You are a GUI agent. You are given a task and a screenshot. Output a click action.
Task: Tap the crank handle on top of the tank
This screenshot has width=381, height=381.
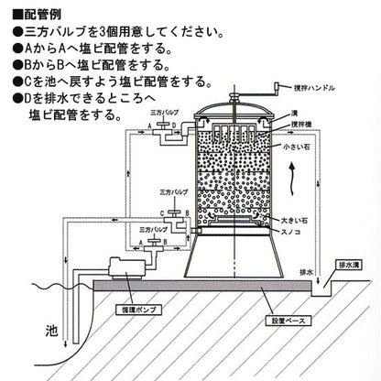272,89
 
